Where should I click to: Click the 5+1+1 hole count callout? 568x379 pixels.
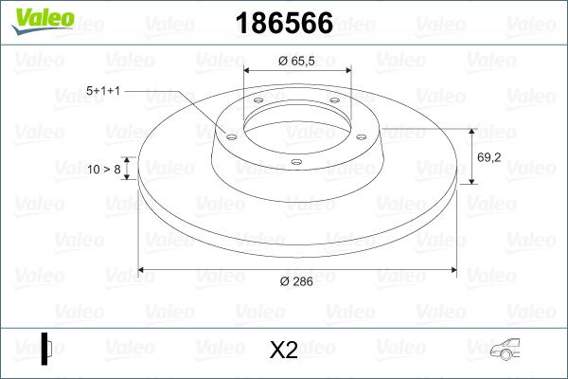click(x=105, y=90)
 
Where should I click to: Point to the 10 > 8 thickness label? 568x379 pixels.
click(x=103, y=169)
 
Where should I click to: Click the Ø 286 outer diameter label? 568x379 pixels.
click(x=295, y=281)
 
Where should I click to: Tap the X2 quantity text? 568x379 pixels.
click(x=284, y=352)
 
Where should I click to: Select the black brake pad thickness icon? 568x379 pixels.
click(x=46, y=350)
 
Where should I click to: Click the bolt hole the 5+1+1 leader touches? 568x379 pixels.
click(x=230, y=135)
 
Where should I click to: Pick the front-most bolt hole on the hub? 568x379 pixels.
click(x=296, y=162)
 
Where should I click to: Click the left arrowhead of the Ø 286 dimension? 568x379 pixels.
click(x=143, y=270)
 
